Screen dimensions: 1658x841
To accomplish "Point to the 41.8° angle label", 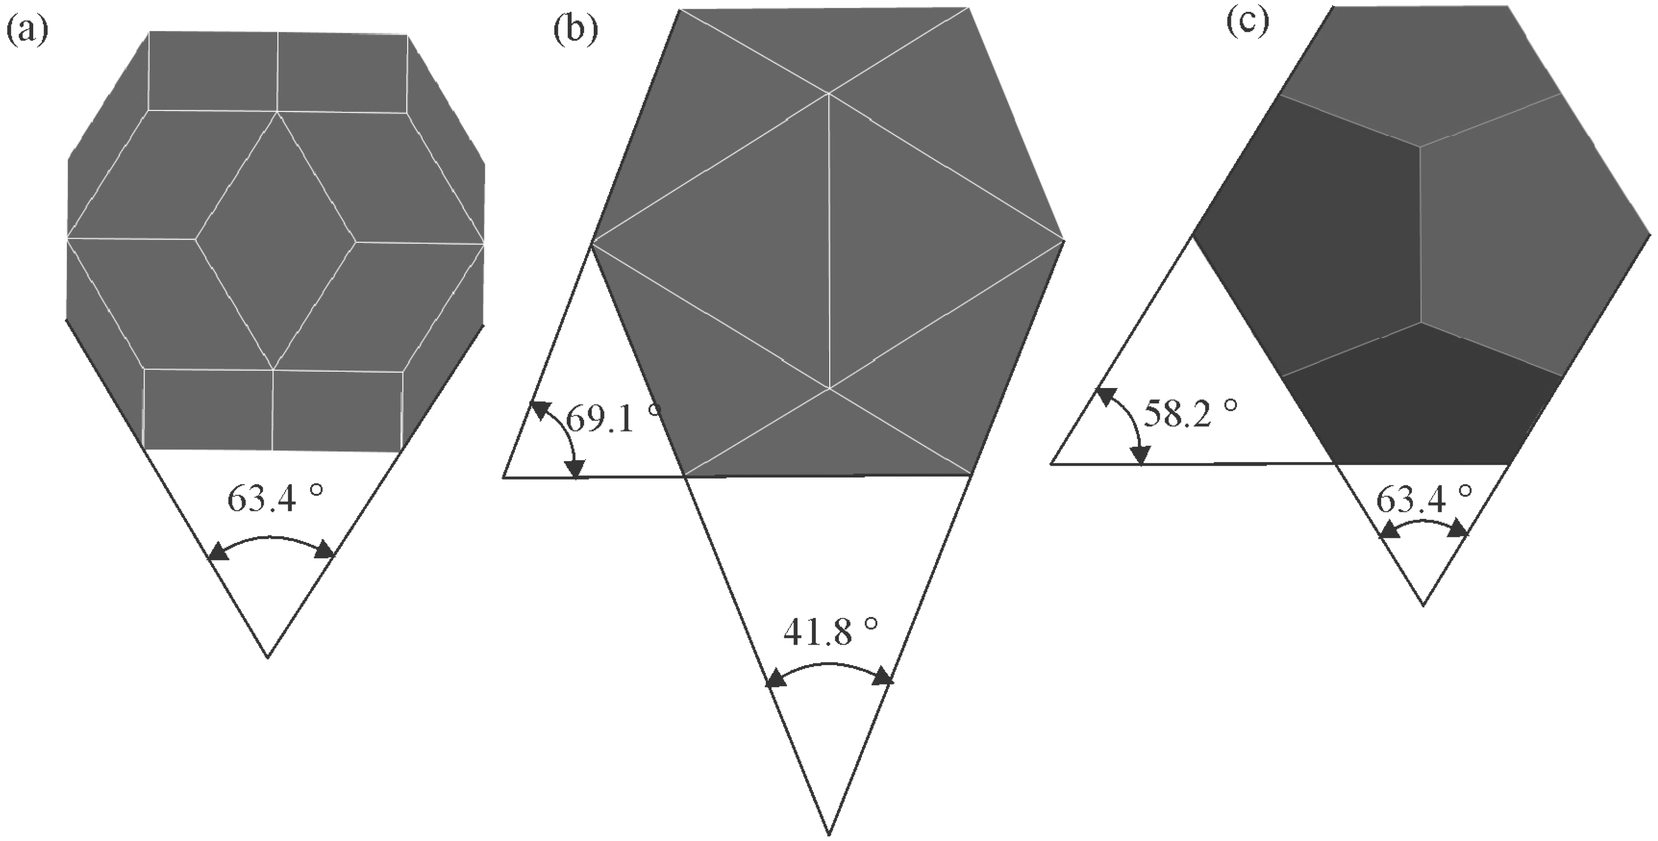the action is pos(830,632).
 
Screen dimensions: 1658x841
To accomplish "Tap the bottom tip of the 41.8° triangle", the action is pos(829,834).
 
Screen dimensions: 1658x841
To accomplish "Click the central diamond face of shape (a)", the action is pos(275,240).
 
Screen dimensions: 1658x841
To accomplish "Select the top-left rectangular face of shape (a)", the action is pos(213,72).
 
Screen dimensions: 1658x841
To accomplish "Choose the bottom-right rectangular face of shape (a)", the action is pos(338,410).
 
